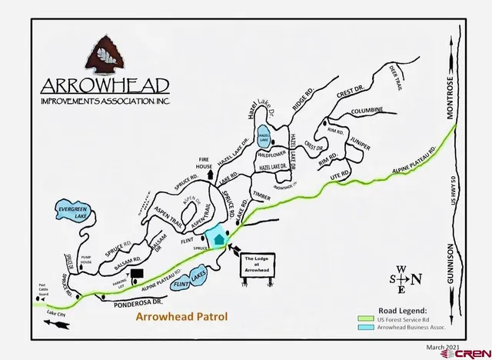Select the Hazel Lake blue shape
tap(264, 137)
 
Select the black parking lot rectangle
tap(138, 272)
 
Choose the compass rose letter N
tap(416, 279)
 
